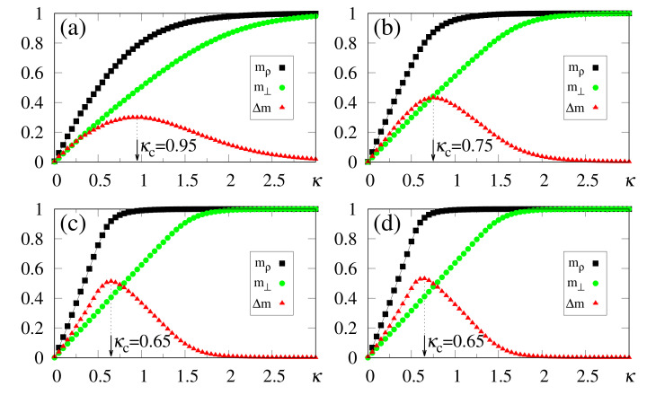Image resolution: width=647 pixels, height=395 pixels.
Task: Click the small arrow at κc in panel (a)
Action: [137, 151]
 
